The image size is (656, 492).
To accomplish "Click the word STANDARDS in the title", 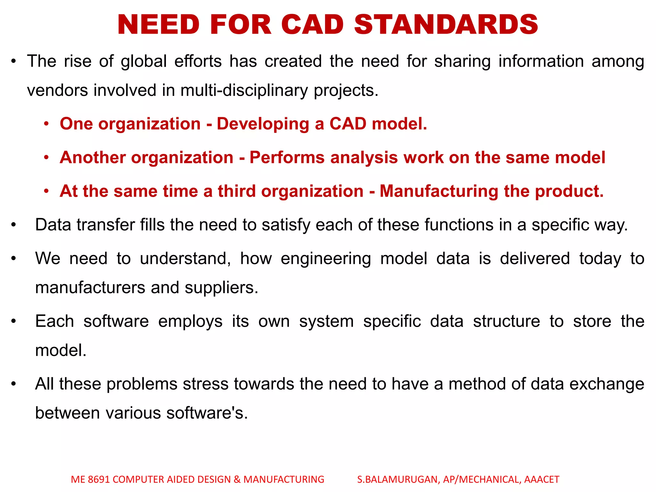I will click(x=446, y=25).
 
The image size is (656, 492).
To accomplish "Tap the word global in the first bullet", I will click(x=144, y=61).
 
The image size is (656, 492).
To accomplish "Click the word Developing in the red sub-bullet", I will click(x=263, y=124).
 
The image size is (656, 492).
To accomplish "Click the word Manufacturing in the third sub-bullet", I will click(x=439, y=191).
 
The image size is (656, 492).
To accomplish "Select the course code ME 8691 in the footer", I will click(x=90, y=480).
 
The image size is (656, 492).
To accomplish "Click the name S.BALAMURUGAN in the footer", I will click(x=397, y=480).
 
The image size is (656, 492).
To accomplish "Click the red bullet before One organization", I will click(x=47, y=124).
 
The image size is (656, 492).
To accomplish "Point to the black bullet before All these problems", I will click(x=13, y=384).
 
